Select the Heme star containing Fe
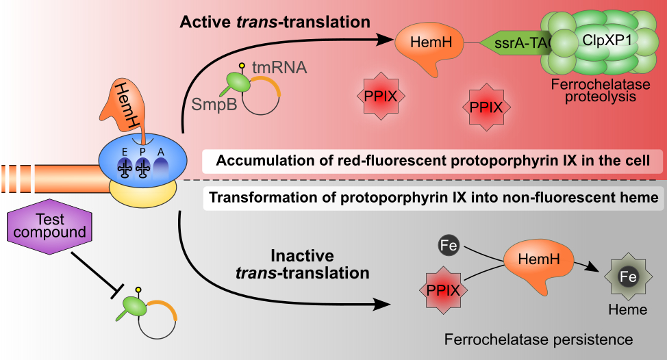click(628, 278)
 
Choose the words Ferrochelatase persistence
click(538, 339)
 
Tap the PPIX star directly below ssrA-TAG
click(491, 107)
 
